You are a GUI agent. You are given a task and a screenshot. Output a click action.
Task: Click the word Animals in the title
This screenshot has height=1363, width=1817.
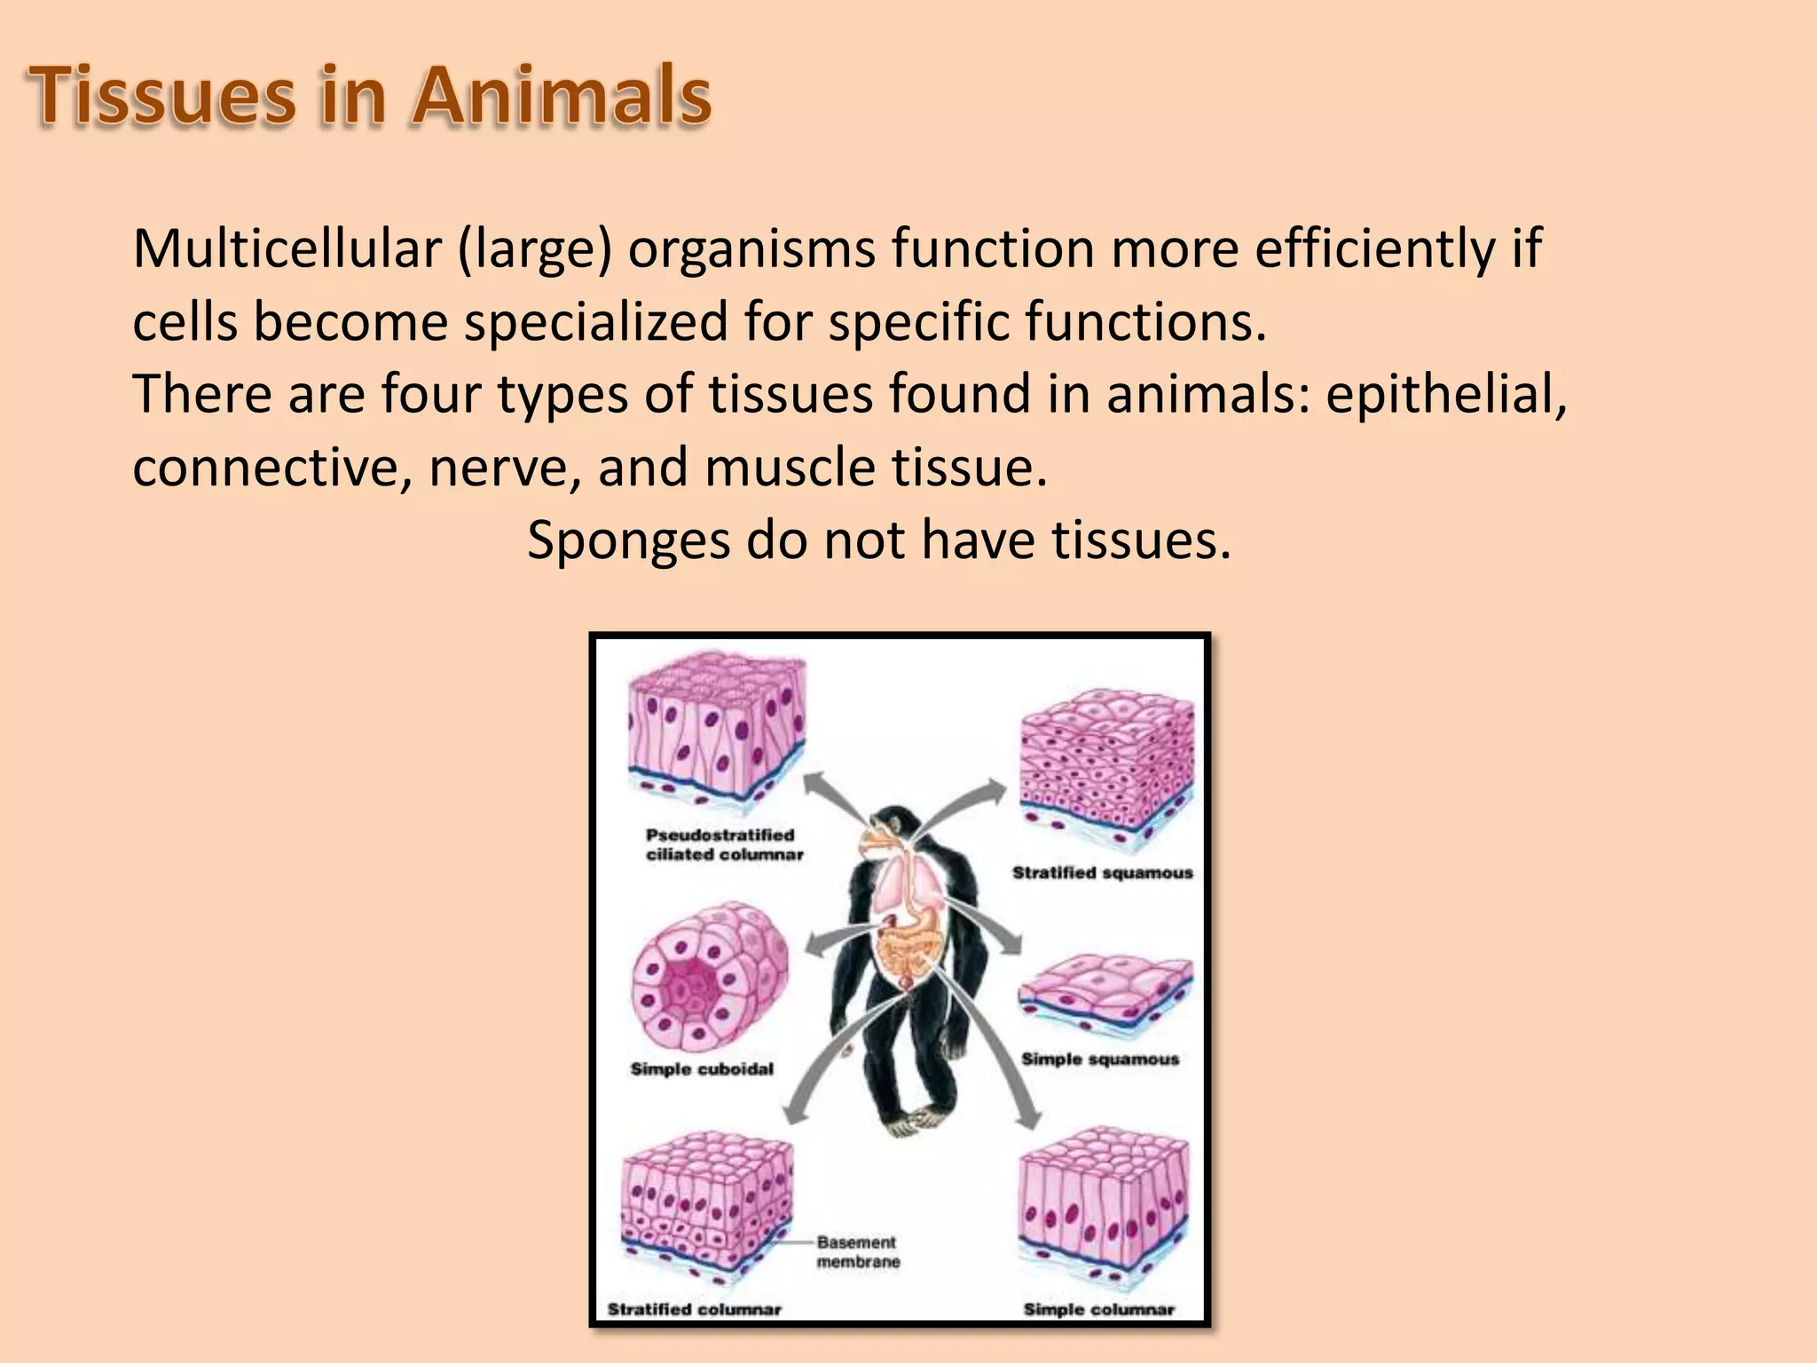(x=561, y=96)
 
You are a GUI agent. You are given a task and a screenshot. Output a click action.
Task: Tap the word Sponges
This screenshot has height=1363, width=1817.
(x=627, y=540)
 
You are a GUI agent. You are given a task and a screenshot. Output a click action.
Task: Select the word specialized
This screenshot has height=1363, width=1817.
(x=596, y=321)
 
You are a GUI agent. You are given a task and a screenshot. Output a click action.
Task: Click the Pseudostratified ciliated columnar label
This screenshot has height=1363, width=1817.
(x=724, y=845)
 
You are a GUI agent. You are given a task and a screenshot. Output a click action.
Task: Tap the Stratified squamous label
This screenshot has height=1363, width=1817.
(x=1103, y=873)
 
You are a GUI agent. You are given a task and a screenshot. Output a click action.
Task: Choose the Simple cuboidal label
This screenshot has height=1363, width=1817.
(x=702, y=1069)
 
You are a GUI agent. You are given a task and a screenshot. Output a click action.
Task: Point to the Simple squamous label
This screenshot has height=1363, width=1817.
(x=1100, y=1059)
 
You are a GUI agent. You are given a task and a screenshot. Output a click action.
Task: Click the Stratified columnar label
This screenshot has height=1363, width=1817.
(x=694, y=1309)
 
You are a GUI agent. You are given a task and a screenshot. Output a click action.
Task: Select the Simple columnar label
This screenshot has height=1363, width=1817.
(x=1098, y=1309)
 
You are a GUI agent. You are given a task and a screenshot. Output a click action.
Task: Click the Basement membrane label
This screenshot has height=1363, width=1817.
(x=857, y=1252)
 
